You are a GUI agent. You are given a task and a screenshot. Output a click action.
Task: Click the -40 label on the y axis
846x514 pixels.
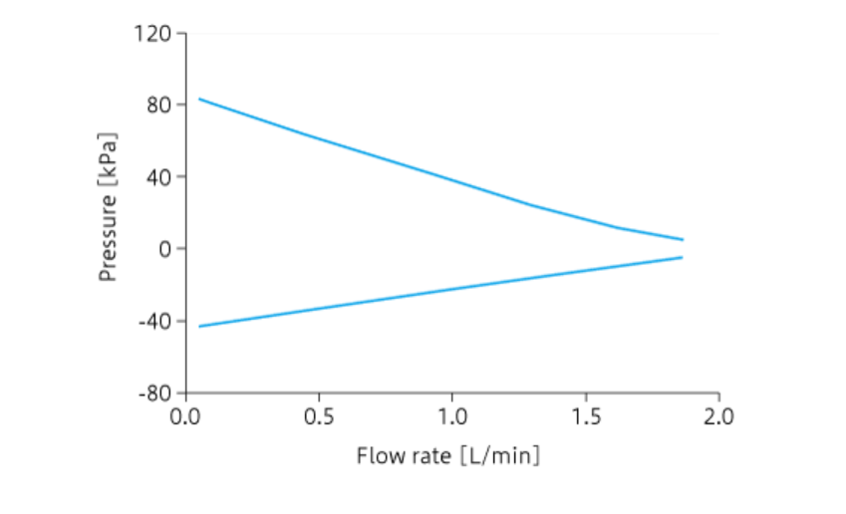154,321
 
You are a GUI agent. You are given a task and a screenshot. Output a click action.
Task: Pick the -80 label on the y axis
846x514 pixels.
154,392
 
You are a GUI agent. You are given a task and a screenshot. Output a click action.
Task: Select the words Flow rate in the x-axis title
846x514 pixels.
404,456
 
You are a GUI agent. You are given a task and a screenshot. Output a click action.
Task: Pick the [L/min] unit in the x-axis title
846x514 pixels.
500,456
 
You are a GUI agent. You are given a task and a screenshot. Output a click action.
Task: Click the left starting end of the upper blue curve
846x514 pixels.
199,99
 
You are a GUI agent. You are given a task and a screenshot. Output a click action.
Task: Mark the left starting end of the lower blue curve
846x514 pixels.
199,326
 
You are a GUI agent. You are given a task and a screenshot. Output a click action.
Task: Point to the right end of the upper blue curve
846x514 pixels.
683,239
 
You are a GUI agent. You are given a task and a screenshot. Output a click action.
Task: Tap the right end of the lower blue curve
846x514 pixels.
683,257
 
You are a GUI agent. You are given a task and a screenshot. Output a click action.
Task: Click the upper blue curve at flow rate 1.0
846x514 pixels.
452,180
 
